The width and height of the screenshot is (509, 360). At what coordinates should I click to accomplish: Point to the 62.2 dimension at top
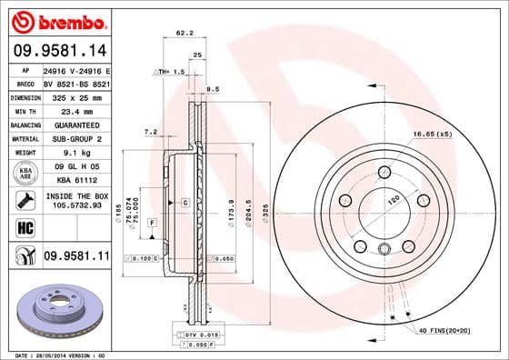tap(185, 34)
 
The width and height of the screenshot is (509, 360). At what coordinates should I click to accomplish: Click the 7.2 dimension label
tap(151, 133)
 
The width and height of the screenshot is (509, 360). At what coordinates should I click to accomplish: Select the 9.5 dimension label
tap(214, 89)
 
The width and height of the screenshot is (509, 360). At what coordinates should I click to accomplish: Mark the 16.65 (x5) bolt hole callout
tap(432, 135)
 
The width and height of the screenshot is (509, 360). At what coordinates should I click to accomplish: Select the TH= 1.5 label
tap(171, 71)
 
